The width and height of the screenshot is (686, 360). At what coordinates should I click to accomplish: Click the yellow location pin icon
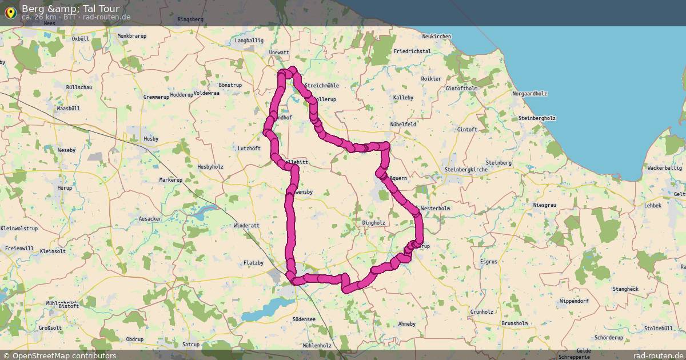[10, 12]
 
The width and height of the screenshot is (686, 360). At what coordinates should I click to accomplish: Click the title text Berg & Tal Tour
[70, 9]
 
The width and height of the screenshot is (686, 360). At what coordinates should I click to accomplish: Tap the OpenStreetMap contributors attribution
[64, 355]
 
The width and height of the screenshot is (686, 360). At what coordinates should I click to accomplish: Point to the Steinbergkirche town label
[466, 170]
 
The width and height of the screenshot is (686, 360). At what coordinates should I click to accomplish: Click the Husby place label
[151, 139]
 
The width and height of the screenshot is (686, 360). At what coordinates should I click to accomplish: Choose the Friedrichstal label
[412, 51]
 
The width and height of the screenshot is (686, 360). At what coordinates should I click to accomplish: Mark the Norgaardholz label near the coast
[530, 94]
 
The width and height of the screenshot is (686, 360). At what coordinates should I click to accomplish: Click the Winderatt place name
[246, 226]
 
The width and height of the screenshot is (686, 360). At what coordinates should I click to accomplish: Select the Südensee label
[304, 319]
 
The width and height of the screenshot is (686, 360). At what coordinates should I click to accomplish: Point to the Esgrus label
[489, 261]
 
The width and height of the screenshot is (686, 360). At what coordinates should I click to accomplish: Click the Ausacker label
[150, 219]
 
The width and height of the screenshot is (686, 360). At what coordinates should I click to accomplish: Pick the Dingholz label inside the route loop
[374, 223]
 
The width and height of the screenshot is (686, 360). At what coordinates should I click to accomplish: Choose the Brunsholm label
[514, 323]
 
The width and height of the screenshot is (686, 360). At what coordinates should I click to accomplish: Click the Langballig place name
[249, 41]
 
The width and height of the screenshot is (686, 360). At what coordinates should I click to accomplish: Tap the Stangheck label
[625, 289]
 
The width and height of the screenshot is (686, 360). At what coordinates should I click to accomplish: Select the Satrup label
[191, 345]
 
